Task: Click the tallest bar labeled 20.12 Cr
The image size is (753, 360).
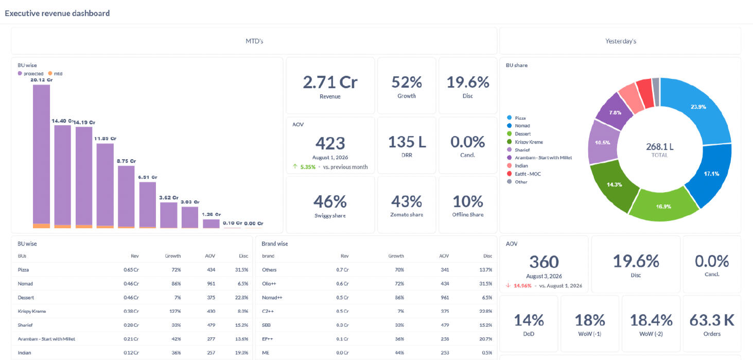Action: [41, 156]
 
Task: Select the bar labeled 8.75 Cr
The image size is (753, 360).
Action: [126, 197]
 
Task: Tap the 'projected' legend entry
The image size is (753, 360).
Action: [30, 73]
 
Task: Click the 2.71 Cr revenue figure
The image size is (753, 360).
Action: [330, 82]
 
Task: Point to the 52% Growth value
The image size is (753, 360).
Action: [407, 82]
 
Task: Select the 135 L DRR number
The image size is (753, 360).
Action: [407, 142]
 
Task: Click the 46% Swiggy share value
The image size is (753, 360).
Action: [330, 202]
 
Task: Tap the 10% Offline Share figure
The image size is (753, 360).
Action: [467, 201]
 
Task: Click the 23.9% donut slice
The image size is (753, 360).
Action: [699, 108]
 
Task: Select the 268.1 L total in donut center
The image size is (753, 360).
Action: [659, 147]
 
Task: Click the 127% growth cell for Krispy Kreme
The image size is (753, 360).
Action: [175, 311]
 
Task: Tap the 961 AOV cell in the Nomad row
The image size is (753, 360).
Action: [211, 284]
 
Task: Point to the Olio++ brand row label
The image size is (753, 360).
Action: [269, 284]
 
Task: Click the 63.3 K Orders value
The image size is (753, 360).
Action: [712, 320]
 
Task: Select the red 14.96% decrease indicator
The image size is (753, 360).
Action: [519, 286]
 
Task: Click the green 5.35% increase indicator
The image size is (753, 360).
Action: [304, 167]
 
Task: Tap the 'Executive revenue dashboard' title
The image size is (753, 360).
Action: [57, 13]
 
